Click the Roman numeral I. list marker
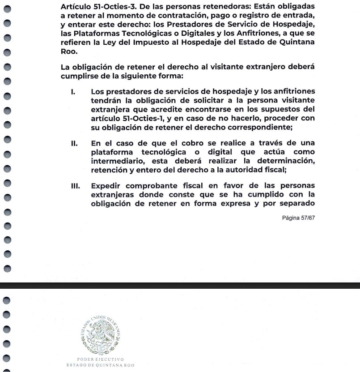[72, 92]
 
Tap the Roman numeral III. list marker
[75, 186]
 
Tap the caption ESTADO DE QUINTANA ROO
[100, 365]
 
